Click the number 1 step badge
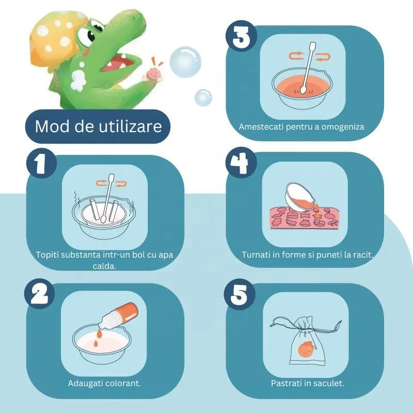[41, 163]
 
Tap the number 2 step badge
[40, 293]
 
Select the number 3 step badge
[241, 36]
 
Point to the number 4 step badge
[241, 163]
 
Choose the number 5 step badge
[240, 294]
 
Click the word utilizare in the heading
[130, 126]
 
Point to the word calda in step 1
[104, 266]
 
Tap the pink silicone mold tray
[304, 217]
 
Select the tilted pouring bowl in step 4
[300, 197]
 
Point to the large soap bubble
[185, 62]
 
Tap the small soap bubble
[203, 98]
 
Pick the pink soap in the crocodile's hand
[153, 73]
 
